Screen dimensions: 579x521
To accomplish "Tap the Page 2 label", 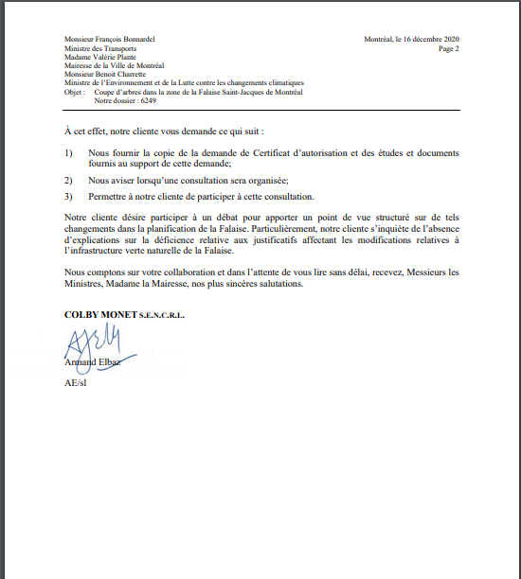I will tap(449, 47).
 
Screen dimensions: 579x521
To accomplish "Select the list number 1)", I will tap(69, 152).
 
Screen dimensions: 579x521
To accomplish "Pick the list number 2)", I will tap(69, 179).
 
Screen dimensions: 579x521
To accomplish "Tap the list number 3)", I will tap(69, 196).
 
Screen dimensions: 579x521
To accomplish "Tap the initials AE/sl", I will tap(75, 382).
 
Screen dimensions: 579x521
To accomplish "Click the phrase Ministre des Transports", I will tap(100, 48).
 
